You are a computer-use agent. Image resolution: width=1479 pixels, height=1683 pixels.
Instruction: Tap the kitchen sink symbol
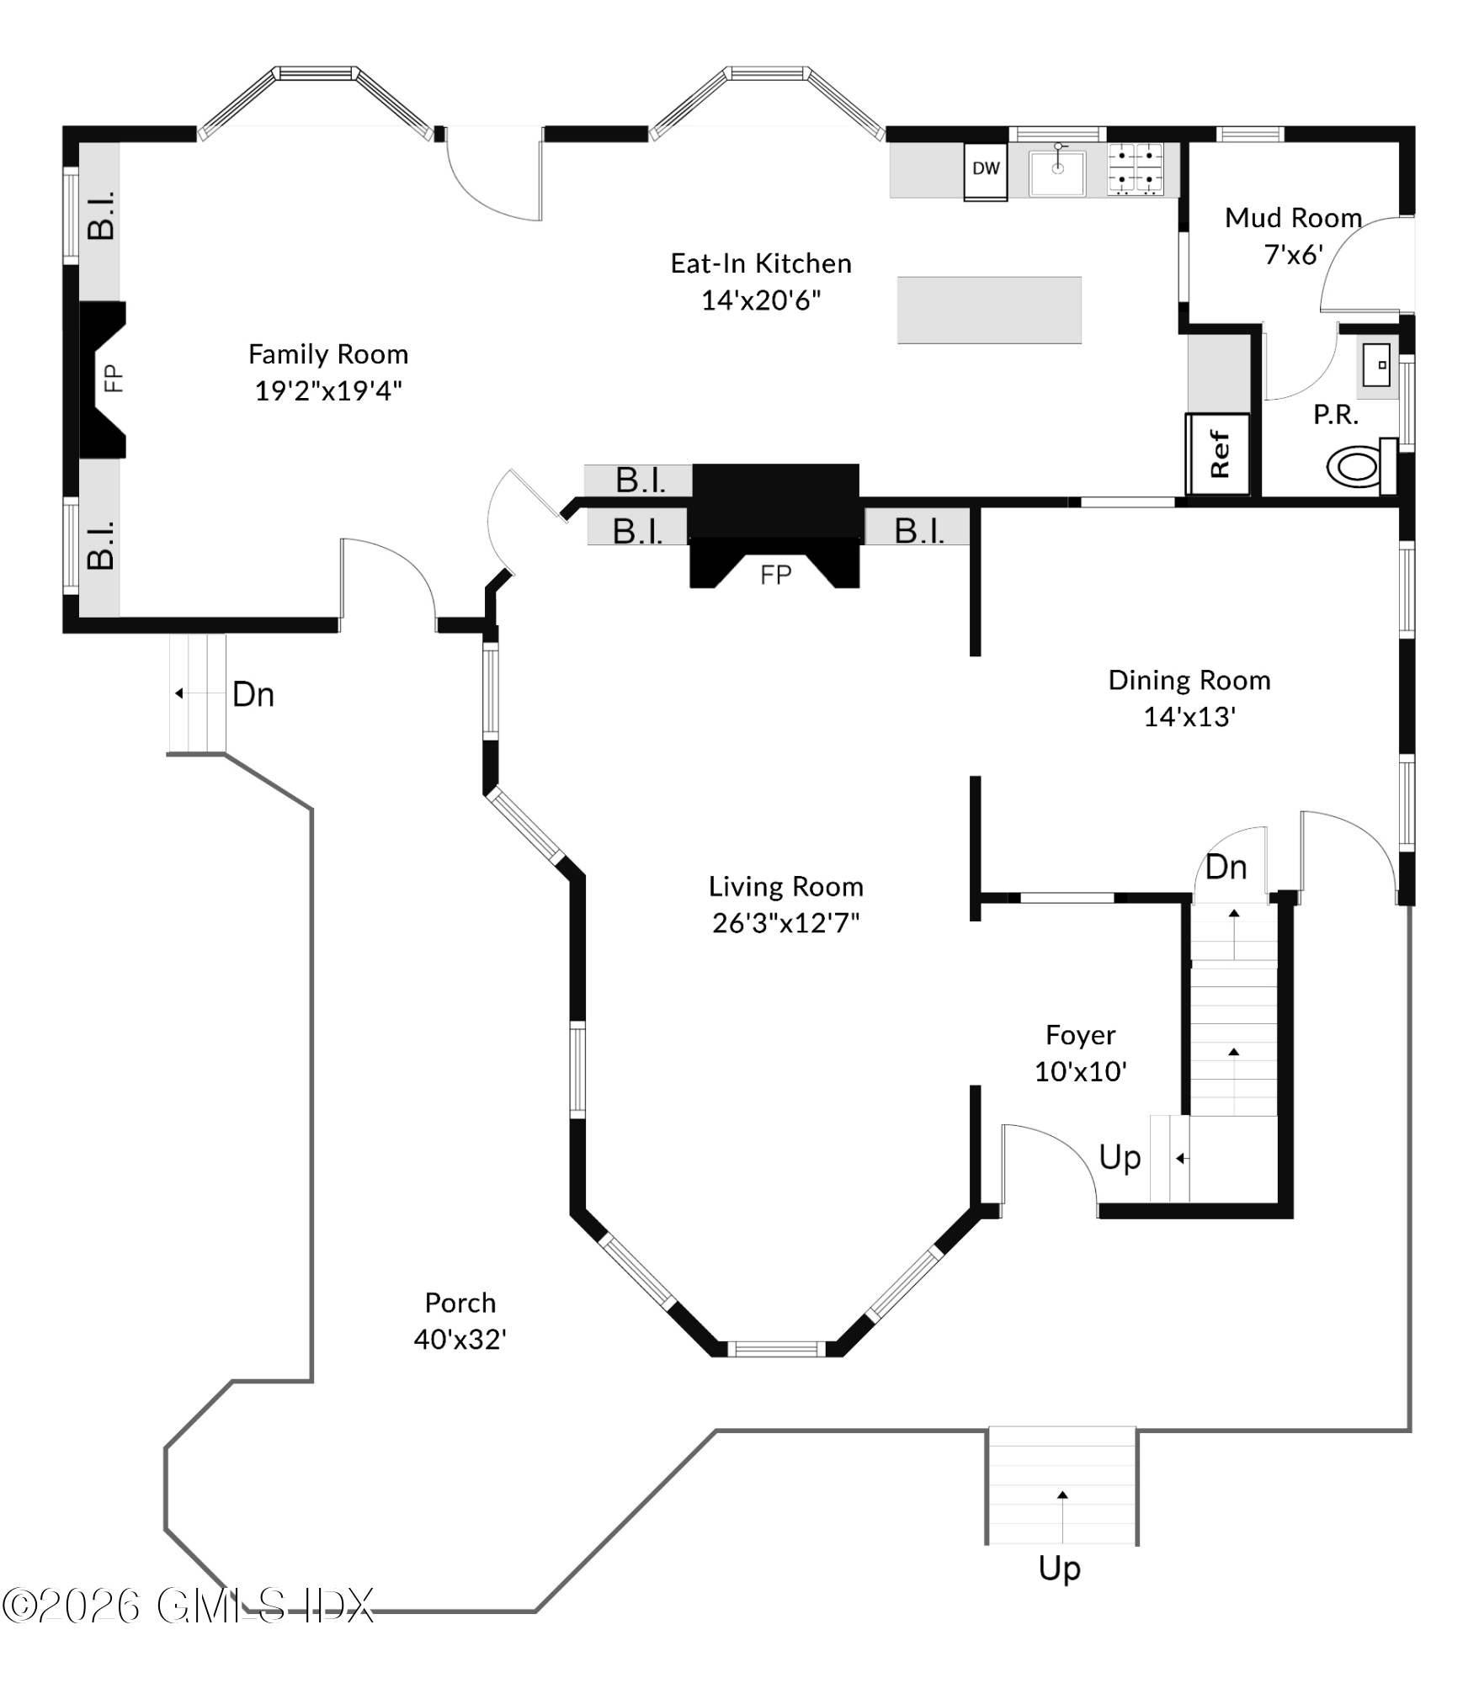(1058, 173)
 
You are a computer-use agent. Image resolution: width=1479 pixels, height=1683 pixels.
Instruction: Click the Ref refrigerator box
(1218, 454)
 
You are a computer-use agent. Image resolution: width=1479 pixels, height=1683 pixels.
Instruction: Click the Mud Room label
(1293, 218)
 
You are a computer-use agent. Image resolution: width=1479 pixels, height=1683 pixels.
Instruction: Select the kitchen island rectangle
(989, 310)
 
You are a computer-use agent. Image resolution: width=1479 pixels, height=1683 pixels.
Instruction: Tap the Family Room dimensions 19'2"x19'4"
(328, 391)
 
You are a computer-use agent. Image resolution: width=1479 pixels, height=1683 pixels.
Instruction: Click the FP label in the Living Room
(775, 576)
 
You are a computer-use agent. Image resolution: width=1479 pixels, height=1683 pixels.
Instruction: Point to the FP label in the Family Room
(113, 378)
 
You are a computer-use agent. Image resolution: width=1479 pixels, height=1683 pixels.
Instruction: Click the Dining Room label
(1189, 680)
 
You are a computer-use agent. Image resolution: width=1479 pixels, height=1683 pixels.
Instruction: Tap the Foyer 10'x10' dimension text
(1080, 1072)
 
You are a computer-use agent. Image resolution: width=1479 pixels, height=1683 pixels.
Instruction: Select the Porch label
(460, 1303)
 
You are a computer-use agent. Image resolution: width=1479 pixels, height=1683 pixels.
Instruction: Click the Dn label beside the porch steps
(253, 695)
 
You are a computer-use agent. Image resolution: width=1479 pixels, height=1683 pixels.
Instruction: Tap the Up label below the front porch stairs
(1059, 1569)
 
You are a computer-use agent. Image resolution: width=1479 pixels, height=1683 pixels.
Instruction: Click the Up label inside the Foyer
(1120, 1159)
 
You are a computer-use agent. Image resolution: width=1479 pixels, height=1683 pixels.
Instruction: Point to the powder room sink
(1376, 365)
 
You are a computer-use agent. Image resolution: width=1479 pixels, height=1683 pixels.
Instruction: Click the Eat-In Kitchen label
(761, 264)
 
